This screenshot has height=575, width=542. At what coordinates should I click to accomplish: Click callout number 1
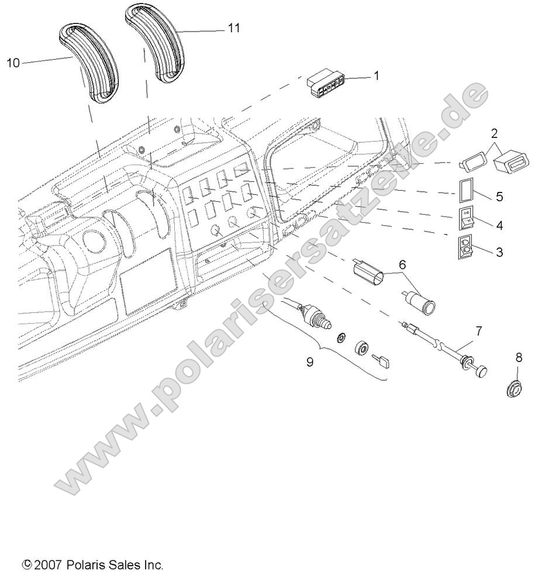click(x=376, y=76)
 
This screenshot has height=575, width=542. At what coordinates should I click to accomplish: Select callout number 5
click(x=499, y=197)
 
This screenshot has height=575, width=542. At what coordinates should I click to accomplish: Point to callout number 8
click(x=519, y=357)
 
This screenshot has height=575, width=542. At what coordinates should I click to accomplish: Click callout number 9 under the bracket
click(x=309, y=362)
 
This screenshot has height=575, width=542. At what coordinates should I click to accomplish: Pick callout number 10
click(x=13, y=63)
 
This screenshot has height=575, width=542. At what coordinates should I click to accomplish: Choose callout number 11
click(x=233, y=28)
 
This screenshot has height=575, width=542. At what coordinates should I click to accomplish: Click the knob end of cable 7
click(x=481, y=371)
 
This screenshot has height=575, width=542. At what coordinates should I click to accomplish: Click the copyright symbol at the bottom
click(x=26, y=565)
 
